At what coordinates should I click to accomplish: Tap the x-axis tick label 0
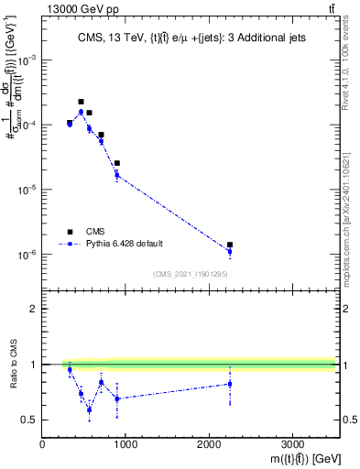(43, 443)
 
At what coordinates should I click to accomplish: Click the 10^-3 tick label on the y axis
(27, 59)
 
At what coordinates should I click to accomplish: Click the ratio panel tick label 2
(34, 309)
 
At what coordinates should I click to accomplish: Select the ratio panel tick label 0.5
(29, 420)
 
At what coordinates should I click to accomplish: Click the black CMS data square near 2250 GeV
(230, 245)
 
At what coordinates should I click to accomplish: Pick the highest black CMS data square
(81, 102)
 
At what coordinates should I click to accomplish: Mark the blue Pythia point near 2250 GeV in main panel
(230, 251)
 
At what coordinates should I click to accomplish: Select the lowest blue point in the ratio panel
(89, 409)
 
